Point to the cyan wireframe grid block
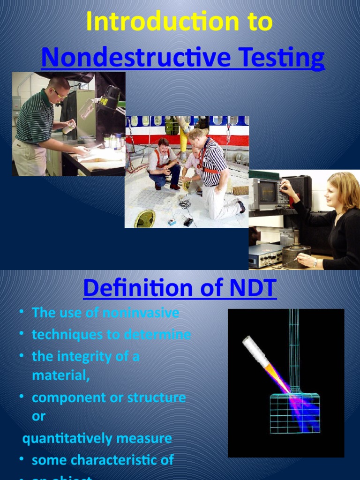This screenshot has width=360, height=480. pos(295,413)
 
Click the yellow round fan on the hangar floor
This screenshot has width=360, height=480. pos(145,218)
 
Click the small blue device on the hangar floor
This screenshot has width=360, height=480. pos(172,221)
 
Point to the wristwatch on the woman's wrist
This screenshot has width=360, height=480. pos(315,262)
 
